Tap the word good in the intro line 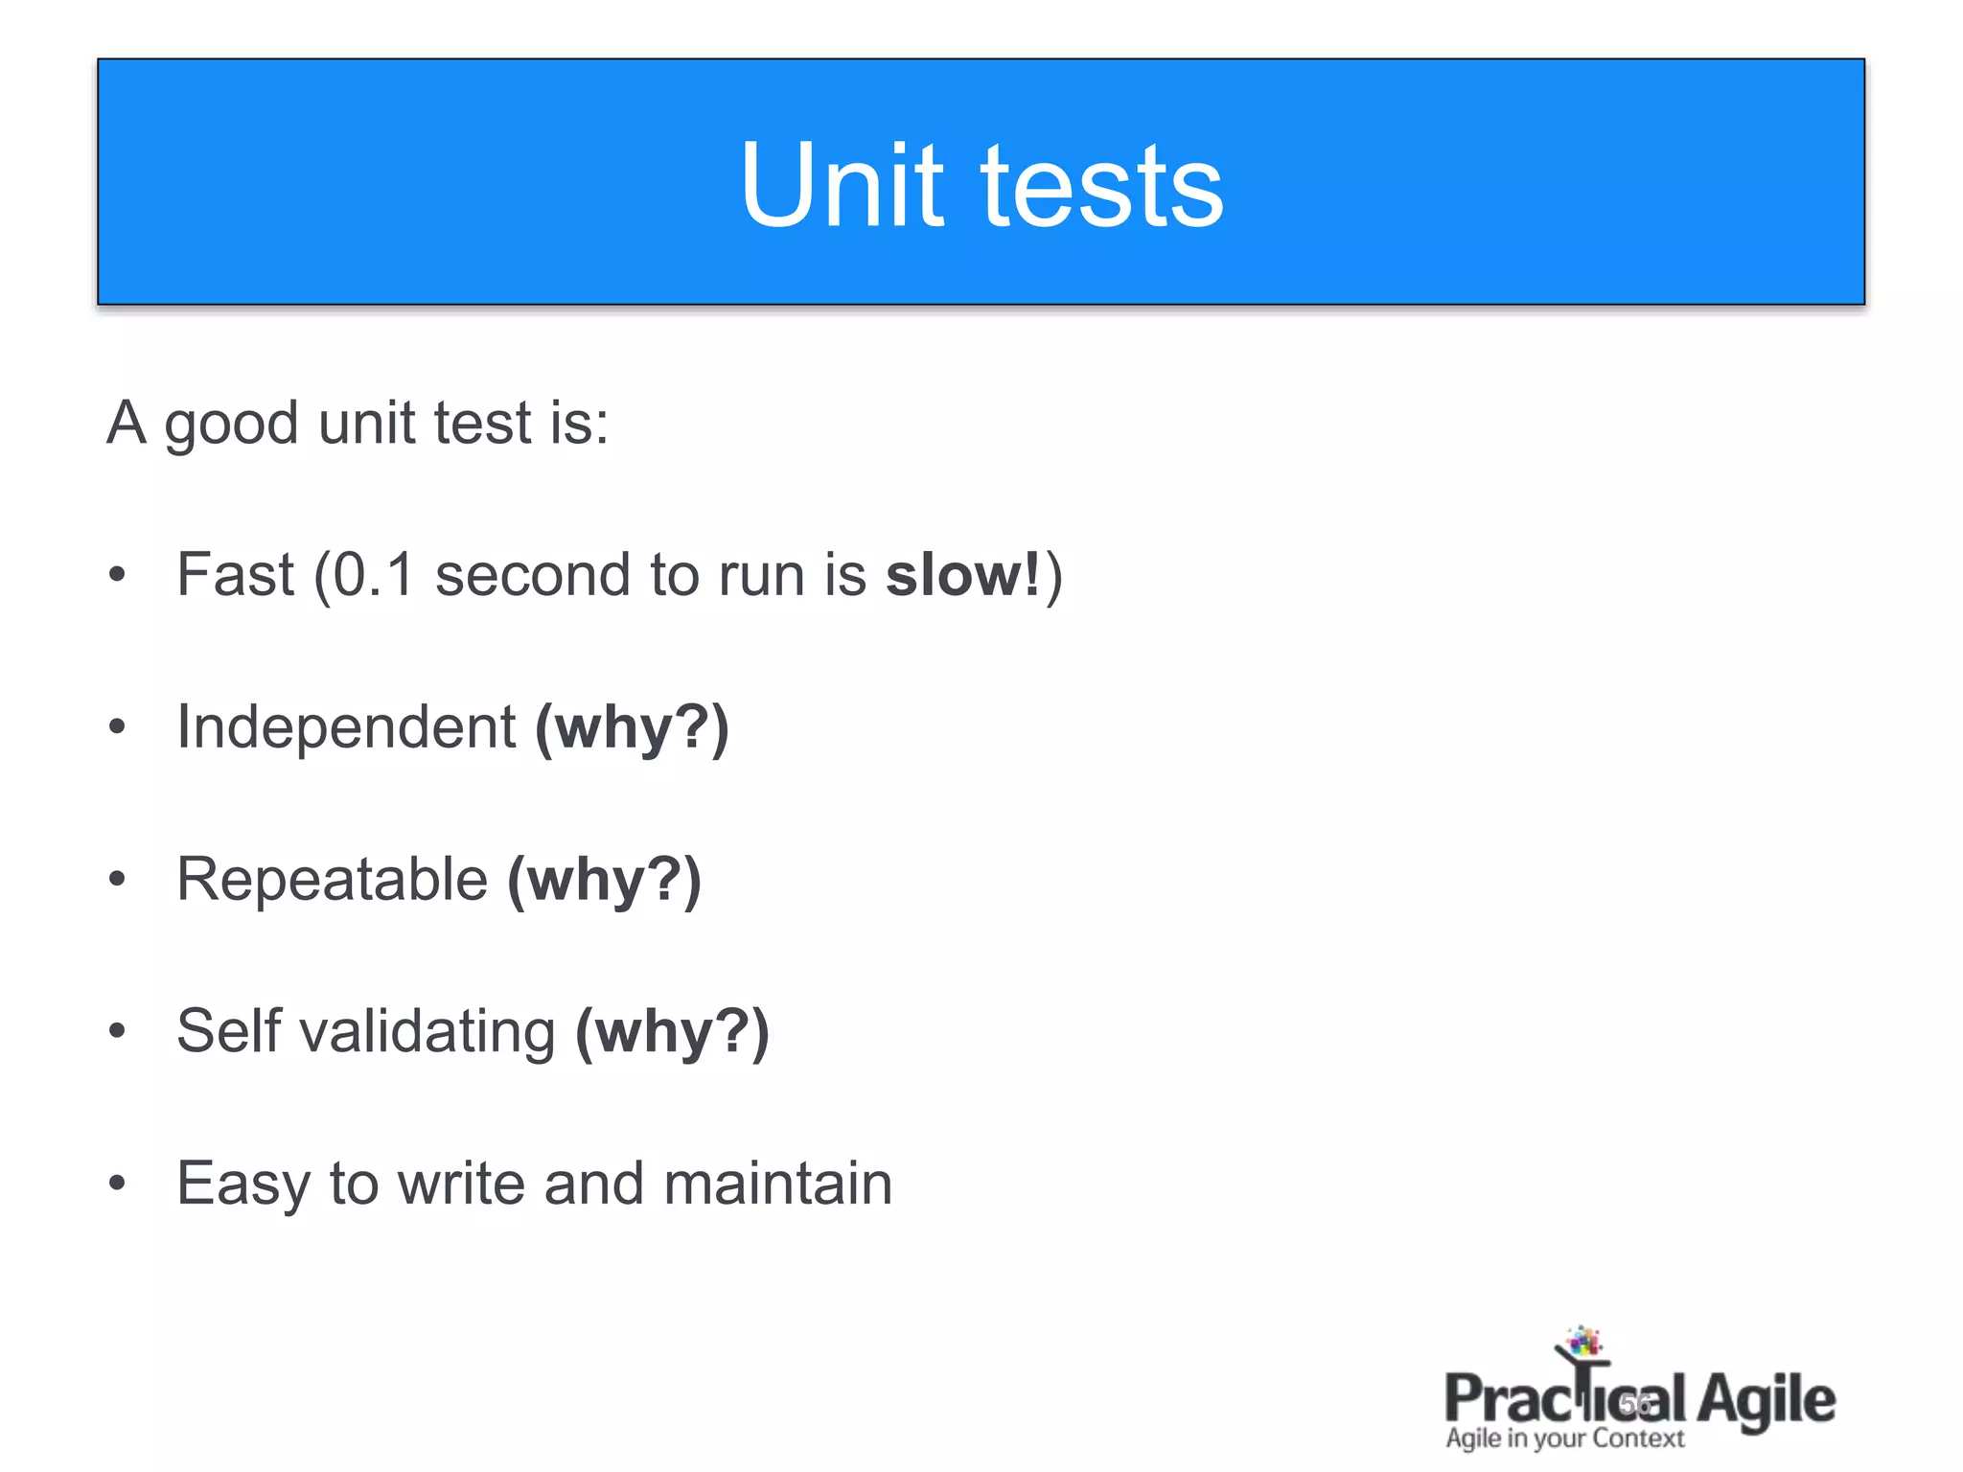pyautogui.click(x=231, y=425)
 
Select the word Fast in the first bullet pyautogui.click(x=235, y=575)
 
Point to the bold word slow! pyautogui.click(x=962, y=575)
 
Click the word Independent pyautogui.click(x=346, y=726)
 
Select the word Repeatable pyautogui.click(x=332, y=879)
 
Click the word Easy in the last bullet pyautogui.click(x=242, y=1184)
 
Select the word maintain pyautogui.click(x=777, y=1183)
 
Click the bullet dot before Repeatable pyautogui.click(x=117, y=879)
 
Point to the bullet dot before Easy pyautogui.click(x=117, y=1184)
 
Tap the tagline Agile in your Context pyautogui.click(x=1564, y=1438)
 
